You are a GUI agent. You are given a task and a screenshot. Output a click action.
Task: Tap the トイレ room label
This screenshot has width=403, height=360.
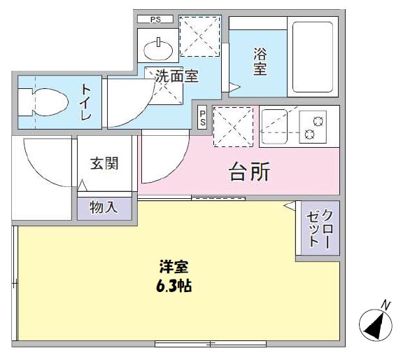click(x=86, y=102)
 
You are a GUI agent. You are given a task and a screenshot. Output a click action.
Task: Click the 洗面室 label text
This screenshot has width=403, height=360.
click(x=176, y=76)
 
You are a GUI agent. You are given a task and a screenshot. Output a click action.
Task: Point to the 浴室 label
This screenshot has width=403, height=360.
click(x=260, y=60)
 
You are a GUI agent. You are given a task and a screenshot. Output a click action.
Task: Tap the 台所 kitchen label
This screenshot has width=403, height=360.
click(x=250, y=172)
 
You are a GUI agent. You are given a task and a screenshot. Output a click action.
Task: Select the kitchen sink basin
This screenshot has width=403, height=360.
click(x=274, y=125)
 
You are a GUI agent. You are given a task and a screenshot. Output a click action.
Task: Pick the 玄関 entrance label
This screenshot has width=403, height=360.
click(x=104, y=164)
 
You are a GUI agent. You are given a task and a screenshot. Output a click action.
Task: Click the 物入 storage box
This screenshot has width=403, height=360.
click(x=104, y=208)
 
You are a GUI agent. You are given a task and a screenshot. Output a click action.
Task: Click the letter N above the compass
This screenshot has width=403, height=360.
click(x=385, y=303)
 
